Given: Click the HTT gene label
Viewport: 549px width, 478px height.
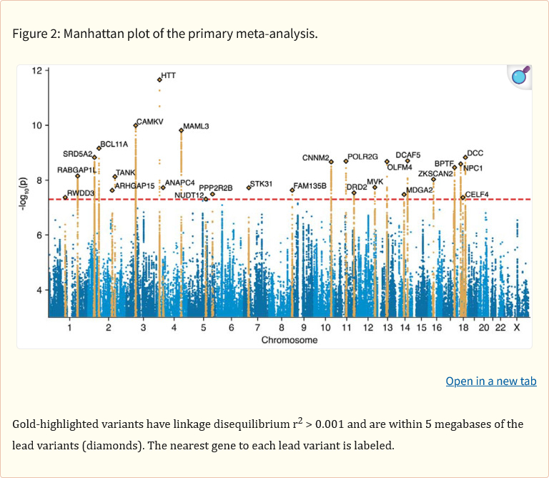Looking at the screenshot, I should point(169,75).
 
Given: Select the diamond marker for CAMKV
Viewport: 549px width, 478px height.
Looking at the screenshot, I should point(136,125).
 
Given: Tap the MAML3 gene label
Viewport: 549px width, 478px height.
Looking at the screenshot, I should point(196,127).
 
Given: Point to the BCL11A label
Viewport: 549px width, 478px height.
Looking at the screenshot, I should point(114,145).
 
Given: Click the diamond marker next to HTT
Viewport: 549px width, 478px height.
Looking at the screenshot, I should point(159,79).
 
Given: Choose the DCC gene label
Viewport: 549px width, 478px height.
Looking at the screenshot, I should point(475,153).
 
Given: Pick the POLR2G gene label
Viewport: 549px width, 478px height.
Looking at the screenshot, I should point(362,157).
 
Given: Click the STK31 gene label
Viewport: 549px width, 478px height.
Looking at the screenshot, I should point(261,185).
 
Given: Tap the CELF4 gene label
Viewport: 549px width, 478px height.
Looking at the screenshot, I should point(477,195).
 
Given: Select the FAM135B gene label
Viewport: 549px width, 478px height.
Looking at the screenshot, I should point(310,186).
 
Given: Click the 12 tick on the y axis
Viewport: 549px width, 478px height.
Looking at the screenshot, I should point(36,70).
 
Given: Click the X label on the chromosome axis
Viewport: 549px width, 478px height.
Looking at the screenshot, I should point(517,328).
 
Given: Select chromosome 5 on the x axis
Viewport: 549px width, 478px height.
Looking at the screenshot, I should point(204,328).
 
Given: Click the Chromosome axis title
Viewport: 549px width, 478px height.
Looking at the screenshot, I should point(290,341).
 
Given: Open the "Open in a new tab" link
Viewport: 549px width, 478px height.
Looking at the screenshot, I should point(491,381).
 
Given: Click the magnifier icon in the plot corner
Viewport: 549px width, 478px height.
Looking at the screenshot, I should point(520,76).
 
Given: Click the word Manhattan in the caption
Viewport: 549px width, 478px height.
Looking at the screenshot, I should point(90,34).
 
